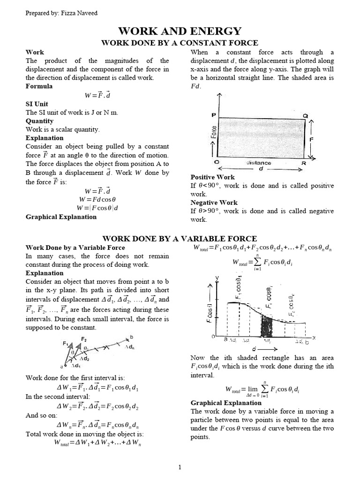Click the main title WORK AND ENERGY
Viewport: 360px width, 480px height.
coord(180,31)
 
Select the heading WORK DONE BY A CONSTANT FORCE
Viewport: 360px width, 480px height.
coord(180,43)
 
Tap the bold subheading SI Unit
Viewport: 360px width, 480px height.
coord(37,104)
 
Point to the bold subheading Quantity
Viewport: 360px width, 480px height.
coord(39,121)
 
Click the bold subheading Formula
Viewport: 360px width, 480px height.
coord(39,86)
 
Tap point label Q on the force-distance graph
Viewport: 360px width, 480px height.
coord(305,115)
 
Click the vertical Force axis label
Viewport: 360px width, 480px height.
coord(214,135)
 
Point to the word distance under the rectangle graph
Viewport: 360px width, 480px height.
coord(258,163)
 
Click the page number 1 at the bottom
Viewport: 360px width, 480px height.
coord(180,467)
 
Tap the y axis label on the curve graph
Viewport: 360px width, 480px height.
coord(217,278)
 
